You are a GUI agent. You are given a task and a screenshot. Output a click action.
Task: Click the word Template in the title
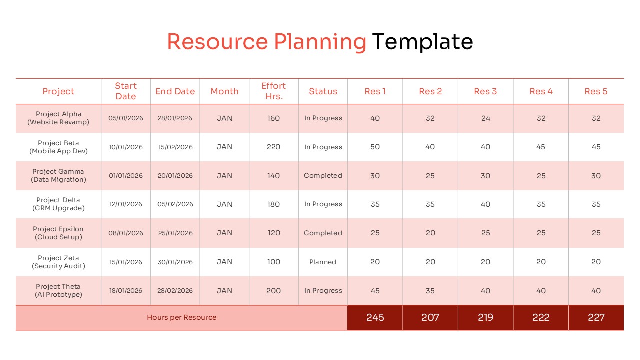tap(422, 42)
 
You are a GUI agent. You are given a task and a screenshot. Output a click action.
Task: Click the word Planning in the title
tap(316, 42)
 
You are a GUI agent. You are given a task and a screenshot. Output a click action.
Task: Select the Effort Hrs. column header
tap(274, 91)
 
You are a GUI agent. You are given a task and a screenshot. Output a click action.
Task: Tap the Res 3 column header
tap(485, 91)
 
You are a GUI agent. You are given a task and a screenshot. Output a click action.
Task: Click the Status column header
tap(323, 91)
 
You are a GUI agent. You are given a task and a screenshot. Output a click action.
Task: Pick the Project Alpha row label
tap(58, 118)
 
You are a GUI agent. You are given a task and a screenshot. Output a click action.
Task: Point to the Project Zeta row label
tap(58, 262)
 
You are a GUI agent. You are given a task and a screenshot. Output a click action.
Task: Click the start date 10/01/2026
tap(126, 147)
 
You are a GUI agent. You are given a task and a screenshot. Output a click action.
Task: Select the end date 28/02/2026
tap(175, 291)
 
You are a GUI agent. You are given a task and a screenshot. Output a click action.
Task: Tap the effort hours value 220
tap(274, 147)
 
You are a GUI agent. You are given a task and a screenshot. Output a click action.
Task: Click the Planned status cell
tap(323, 262)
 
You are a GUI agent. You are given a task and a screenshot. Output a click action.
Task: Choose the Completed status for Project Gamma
tap(323, 176)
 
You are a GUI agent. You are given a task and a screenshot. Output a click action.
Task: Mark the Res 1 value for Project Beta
tap(375, 147)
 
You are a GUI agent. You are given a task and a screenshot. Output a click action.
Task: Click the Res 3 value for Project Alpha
tap(485, 118)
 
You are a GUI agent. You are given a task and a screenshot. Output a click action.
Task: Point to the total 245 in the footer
tap(375, 317)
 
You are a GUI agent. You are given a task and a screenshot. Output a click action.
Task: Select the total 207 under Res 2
tap(430, 317)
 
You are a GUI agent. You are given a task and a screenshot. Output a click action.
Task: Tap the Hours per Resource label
tap(182, 317)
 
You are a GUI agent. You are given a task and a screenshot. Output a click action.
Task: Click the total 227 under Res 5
tap(596, 317)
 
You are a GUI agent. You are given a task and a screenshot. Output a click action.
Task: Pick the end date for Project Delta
tap(175, 204)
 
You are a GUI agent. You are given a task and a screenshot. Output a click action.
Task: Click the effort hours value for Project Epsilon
tap(274, 233)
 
